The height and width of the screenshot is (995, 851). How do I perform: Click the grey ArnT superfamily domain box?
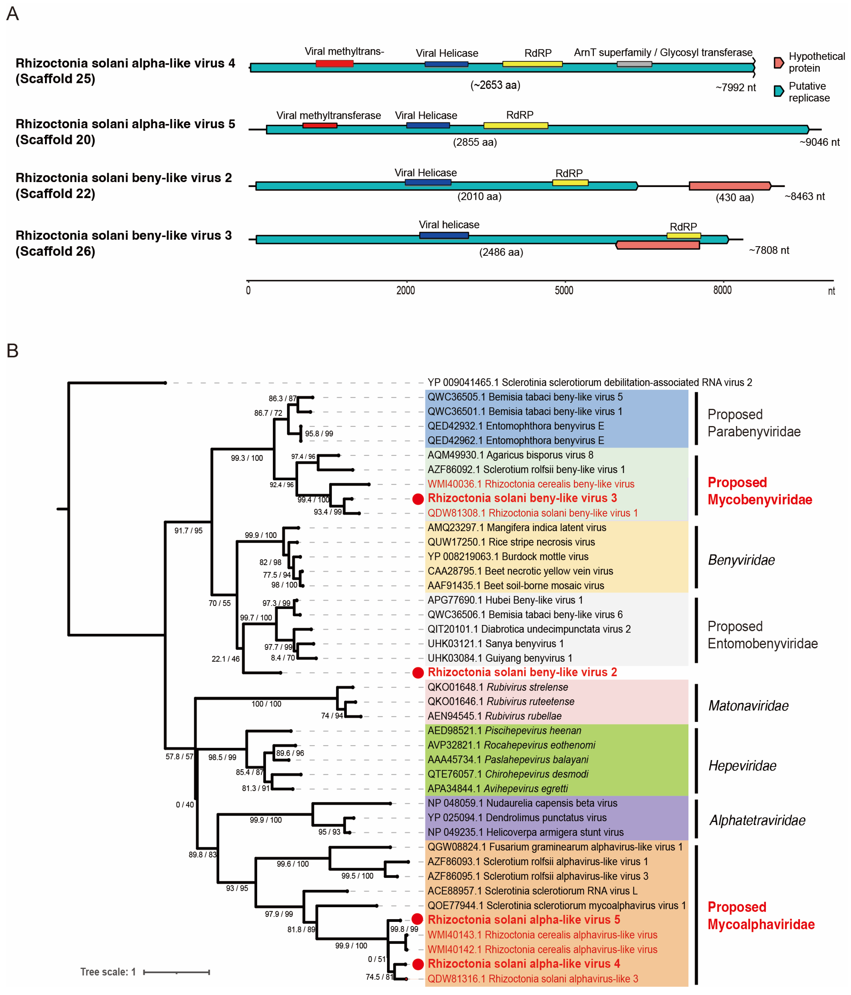(x=634, y=64)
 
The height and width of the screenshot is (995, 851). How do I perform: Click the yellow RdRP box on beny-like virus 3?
(x=683, y=235)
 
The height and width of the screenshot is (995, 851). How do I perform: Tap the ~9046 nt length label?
(x=819, y=142)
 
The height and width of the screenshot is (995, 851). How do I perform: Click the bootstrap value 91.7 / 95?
(x=188, y=531)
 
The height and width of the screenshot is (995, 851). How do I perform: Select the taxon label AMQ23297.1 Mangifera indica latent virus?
(x=517, y=527)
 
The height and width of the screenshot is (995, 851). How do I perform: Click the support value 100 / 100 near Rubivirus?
(x=266, y=704)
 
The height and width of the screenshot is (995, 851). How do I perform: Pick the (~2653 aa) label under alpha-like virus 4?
(x=495, y=85)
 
